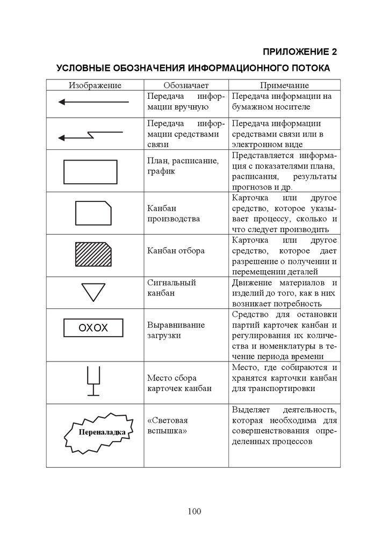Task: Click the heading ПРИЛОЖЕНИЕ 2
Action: pyautogui.click(x=299, y=52)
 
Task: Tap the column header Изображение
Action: pyautogui.click(x=95, y=85)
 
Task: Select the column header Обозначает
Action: pyautogui.click(x=186, y=85)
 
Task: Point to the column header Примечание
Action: pyautogui.click(x=285, y=85)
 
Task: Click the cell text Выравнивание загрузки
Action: pyautogui.click(x=168, y=330)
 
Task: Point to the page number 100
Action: pyautogui.click(x=195, y=511)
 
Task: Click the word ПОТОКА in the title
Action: pyautogui.click(x=309, y=69)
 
